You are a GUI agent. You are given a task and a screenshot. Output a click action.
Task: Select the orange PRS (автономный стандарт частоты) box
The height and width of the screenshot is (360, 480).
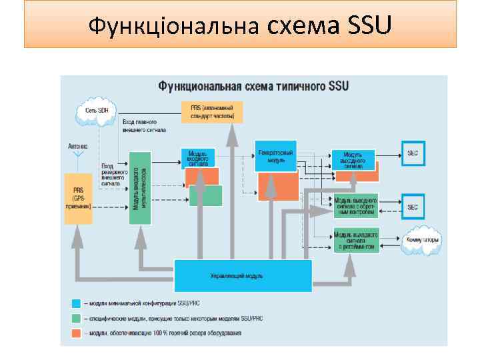click(212, 111)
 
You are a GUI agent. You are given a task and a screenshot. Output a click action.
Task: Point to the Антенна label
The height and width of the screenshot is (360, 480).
click(77, 146)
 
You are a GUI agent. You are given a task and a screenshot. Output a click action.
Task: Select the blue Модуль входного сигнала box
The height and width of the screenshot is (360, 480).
click(198, 157)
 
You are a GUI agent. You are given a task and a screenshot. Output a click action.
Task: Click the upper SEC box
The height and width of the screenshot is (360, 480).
click(413, 152)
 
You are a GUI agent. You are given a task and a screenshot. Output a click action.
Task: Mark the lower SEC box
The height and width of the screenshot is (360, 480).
click(413, 207)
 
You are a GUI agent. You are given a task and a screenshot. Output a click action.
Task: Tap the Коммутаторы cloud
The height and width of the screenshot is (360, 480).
click(421, 239)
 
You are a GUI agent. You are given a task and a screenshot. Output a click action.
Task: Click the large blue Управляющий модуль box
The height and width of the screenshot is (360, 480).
click(243, 275)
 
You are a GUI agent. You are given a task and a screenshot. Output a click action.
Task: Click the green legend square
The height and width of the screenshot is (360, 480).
click(76, 318)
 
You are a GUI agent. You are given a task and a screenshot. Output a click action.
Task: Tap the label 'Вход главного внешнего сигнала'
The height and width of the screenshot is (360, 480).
click(140, 127)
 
